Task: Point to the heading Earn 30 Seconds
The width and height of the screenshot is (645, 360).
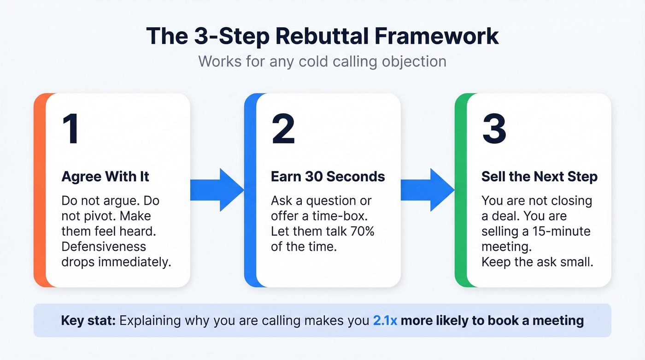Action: tap(328, 177)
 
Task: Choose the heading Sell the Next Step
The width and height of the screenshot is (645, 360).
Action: tap(539, 177)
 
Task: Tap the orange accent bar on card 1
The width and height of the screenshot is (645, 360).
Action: tap(40, 190)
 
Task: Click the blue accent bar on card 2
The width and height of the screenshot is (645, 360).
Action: tap(250, 190)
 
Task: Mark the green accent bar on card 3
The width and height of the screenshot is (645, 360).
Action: tap(460, 190)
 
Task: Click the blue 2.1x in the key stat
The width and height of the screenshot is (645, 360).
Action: tap(385, 320)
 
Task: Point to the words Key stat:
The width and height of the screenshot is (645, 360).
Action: tap(88, 320)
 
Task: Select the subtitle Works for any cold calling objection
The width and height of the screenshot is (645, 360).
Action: tap(322, 61)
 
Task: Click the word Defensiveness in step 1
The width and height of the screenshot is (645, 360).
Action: tap(104, 247)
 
